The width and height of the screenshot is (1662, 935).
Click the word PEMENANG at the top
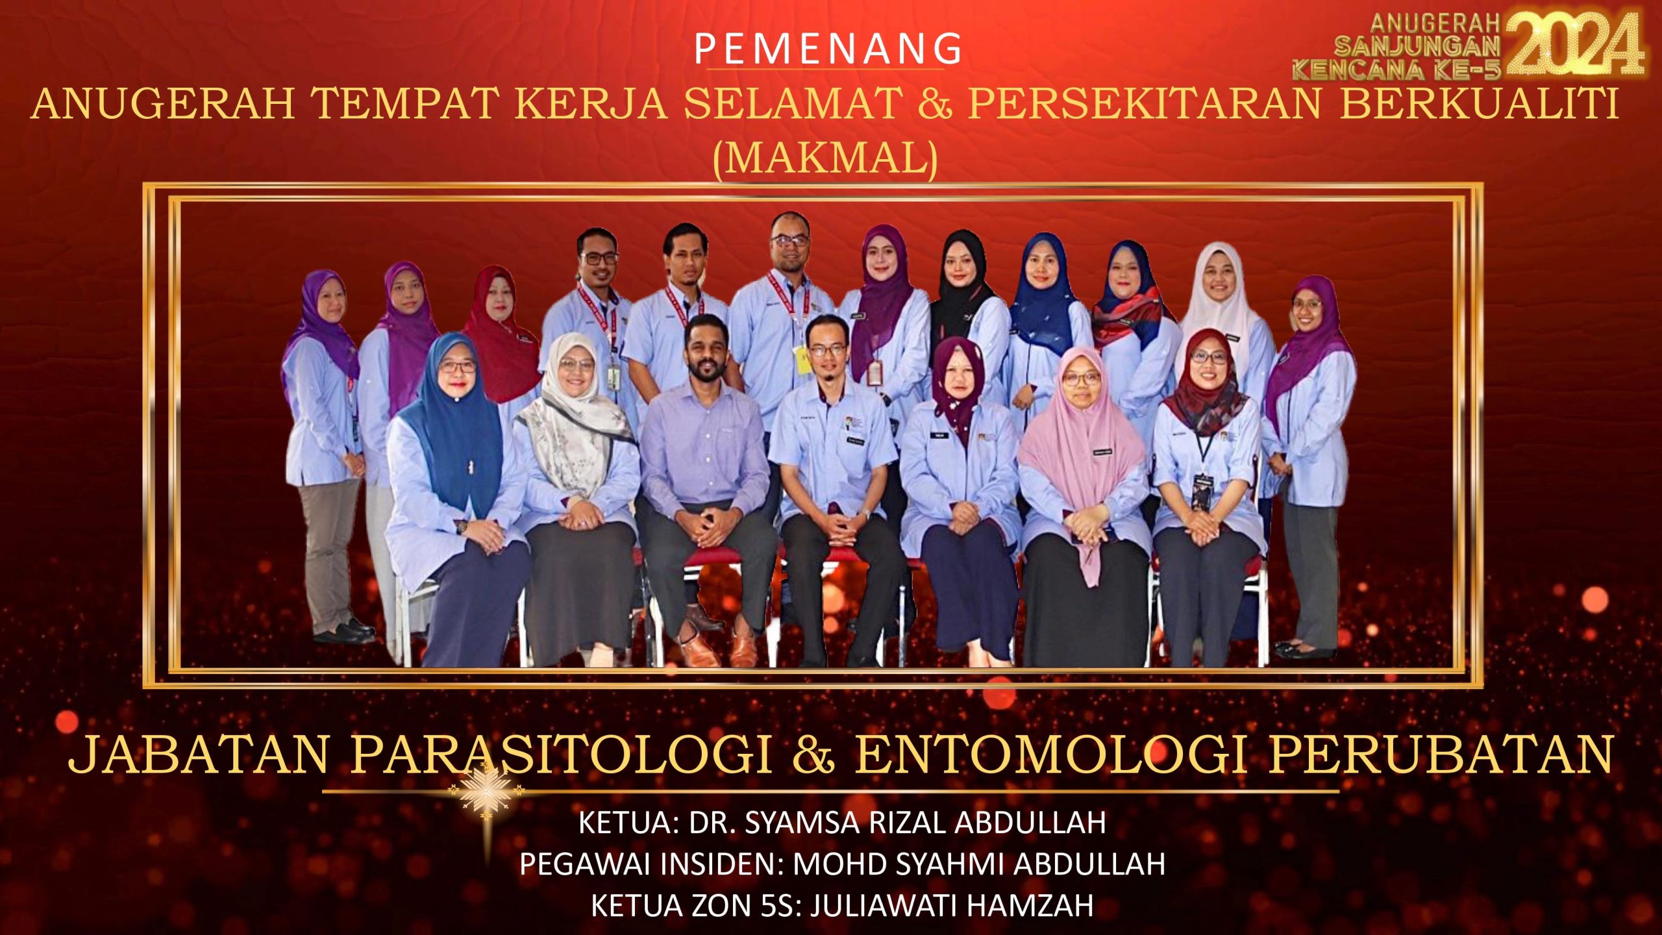click(x=827, y=49)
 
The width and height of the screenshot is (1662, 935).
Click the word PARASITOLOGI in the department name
click(x=562, y=754)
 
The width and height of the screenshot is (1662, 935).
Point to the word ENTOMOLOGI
click(x=1052, y=754)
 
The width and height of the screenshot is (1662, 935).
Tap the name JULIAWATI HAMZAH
click(x=952, y=906)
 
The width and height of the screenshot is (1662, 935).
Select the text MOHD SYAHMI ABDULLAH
click(x=979, y=864)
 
